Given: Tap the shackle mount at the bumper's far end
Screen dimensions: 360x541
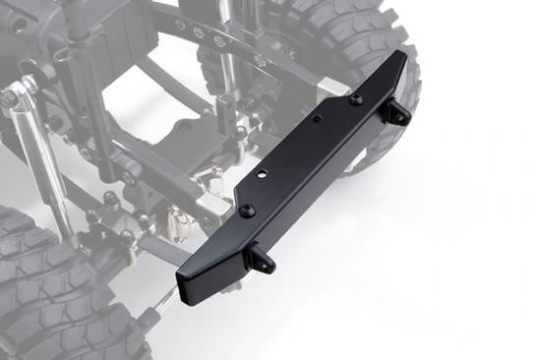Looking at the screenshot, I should pyautogui.click(x=396, y=112).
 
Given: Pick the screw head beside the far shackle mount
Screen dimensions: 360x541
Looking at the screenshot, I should pyautogui.click(x=355, y=98).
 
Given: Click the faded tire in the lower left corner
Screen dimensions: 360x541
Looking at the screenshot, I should pyautogui.click(x=39, y=285).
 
